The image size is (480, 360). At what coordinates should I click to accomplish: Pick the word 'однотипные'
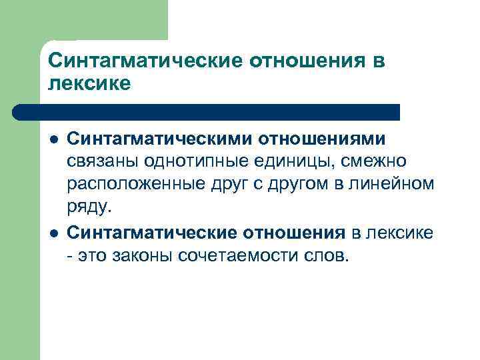tap(201, 161)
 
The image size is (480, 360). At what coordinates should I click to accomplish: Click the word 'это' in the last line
tap(95, 255)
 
